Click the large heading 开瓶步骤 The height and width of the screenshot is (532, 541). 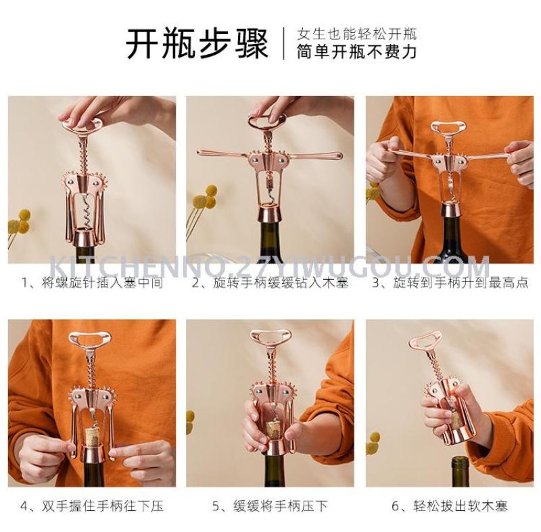[197, 44]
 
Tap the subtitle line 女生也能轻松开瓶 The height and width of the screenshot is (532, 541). [357, 34]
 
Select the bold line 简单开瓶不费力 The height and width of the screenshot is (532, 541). [357, 52]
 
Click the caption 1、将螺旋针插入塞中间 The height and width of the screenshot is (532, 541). [92, 283]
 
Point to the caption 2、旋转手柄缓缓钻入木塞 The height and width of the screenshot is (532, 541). [270, 283]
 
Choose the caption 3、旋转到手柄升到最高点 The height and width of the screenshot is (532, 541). [450, 283]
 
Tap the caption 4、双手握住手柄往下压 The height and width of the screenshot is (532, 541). [92, 506]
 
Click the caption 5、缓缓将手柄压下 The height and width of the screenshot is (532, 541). [270, 506]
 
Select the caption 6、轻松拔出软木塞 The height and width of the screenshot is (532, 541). [450, 506]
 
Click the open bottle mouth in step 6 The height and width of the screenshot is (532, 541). [464, 460]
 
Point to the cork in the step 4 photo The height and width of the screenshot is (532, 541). [93, 436]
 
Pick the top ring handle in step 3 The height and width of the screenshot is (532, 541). [448, 128]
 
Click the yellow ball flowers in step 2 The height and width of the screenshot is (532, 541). [206, 197]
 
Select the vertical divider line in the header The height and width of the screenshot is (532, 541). [284, 43]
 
